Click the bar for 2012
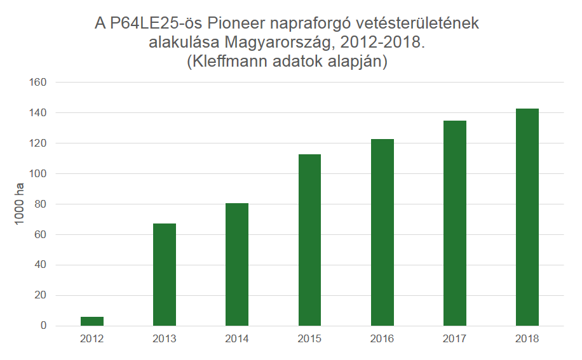(92, 321)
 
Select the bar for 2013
(165, 274)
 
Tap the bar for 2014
(237, 264)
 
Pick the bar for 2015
(309, 240)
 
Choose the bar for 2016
(382, 232)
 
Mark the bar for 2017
(455, 223)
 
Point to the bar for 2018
(527, 217)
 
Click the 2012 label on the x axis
(92, 339)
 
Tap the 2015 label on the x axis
(309, 339)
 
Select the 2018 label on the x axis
(527, 339)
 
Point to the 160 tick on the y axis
(39, 83)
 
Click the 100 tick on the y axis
(39, 174)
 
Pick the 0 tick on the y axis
(44, 326)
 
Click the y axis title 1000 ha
(20, 204)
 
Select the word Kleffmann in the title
(238, 63)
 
